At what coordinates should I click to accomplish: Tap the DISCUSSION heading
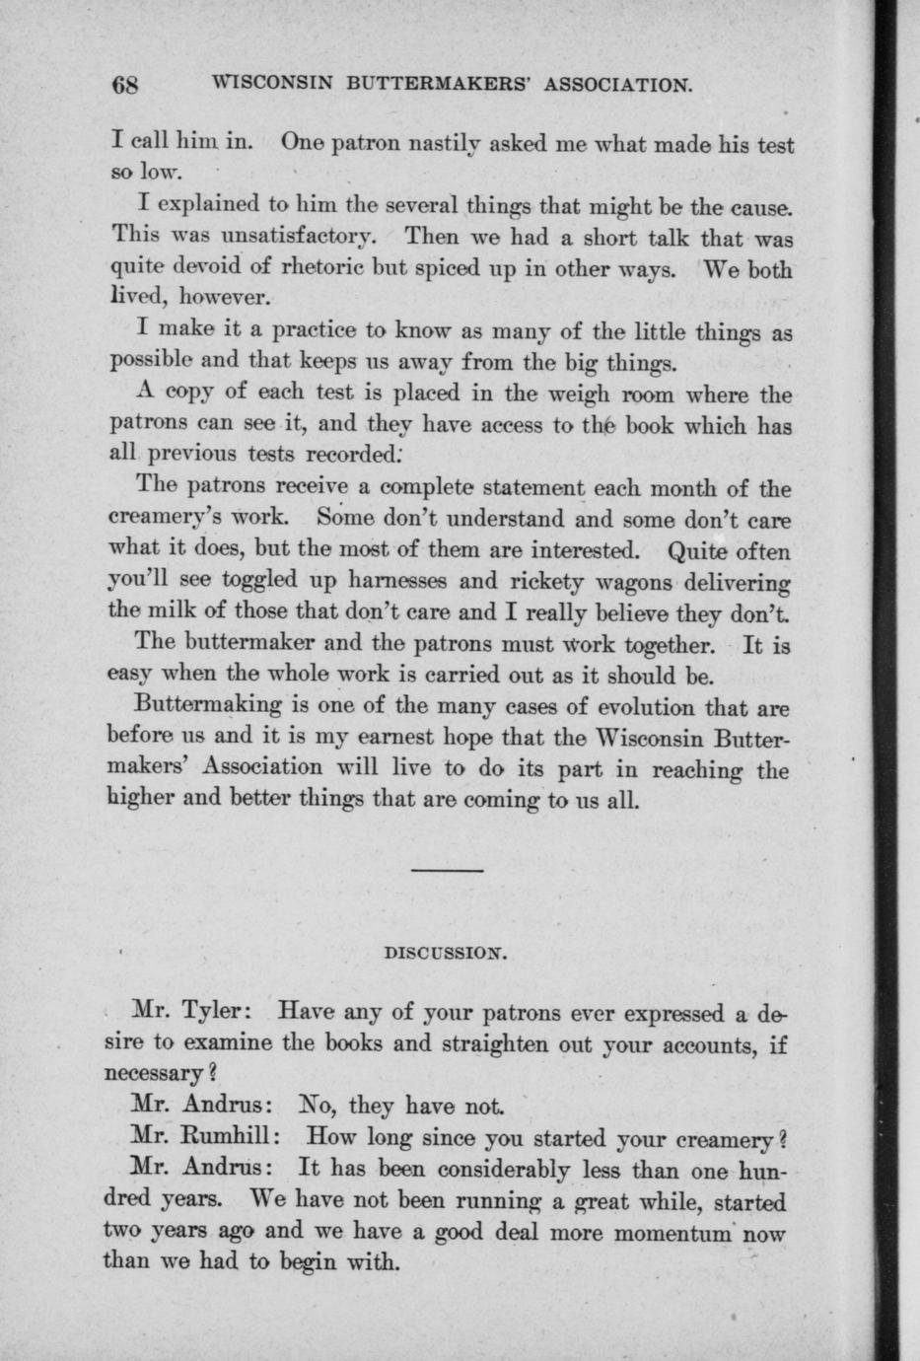pyautogui.click(x=444, y=954)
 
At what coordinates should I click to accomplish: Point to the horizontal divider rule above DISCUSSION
pyautogui.click(x=447, y=870)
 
